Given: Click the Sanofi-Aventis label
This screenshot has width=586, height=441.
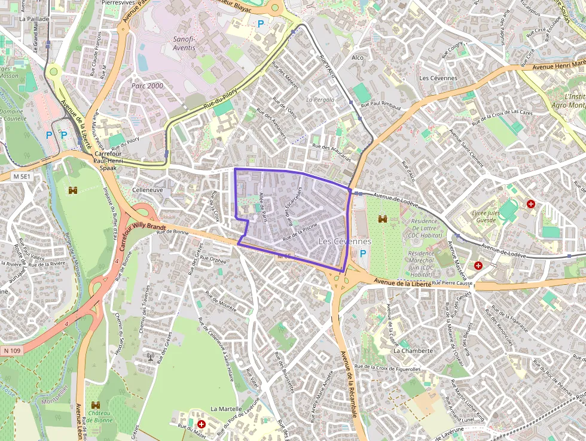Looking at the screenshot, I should coord(183,43).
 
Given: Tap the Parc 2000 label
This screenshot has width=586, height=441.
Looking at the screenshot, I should coord(147,86).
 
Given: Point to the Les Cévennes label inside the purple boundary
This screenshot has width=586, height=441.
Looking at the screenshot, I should coord(345,241).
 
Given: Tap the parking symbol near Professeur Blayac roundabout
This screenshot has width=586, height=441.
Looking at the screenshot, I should coord(260,24).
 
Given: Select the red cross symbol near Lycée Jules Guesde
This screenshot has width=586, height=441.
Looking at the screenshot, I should coord(530,204).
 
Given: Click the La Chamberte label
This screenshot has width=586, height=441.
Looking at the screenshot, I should coord(413,351).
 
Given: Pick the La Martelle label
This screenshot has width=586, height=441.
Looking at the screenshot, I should coord(226,409).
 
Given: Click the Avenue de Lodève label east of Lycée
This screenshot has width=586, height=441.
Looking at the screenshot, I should coord(503,251).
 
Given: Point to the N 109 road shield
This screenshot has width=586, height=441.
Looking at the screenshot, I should coord(11,351).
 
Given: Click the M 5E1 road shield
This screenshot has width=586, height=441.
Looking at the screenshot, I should coord(21,177).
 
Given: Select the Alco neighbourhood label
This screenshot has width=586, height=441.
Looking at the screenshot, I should coord(358,57).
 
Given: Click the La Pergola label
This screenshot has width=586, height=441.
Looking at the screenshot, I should coord(321,99).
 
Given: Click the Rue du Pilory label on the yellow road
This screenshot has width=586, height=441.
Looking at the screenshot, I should coord(221,98).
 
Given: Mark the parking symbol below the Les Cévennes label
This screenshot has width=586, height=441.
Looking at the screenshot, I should coord(362,254).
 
